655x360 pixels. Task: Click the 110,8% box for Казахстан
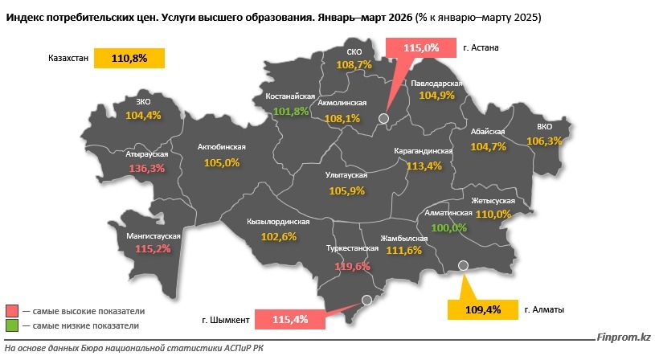129,59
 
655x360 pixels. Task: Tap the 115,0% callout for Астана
421,48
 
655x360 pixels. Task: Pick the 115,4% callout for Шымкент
290,320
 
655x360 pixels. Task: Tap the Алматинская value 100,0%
449,227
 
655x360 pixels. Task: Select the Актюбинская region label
221,148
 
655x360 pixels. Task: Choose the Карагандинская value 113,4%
424,166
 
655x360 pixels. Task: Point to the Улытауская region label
347,175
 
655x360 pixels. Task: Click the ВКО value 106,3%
545,141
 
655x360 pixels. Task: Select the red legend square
12,311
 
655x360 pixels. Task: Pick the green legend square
12,325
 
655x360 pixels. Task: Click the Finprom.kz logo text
623,339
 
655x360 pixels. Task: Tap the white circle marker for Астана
383,120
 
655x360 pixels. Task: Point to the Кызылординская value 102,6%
279,236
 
